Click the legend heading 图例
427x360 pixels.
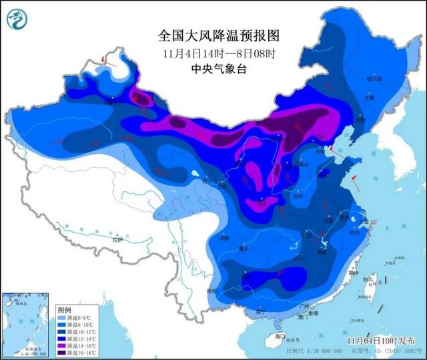pos(64,310)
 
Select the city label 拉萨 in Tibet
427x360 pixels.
pos(118,238)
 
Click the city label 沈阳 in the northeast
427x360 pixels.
pos(361,121)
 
